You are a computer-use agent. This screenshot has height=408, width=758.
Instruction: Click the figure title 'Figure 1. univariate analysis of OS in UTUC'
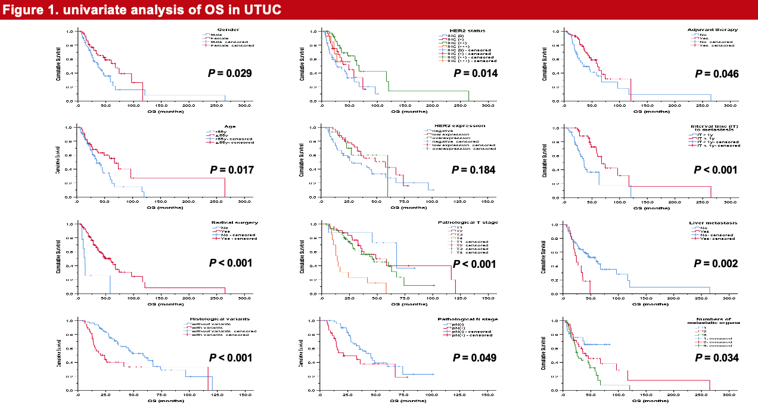141,10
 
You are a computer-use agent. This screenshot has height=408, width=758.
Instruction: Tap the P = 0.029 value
231,73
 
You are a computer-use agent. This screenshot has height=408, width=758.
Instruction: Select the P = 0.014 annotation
475,73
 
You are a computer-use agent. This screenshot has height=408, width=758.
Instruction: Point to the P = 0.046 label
717,74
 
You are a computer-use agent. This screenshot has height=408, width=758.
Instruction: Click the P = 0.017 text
231,170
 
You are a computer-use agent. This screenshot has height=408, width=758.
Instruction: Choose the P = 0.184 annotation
475,170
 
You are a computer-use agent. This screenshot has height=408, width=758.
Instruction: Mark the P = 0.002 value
717,264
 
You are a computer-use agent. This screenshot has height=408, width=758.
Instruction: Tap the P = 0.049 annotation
475,358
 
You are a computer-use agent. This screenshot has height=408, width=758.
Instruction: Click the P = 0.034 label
717,358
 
